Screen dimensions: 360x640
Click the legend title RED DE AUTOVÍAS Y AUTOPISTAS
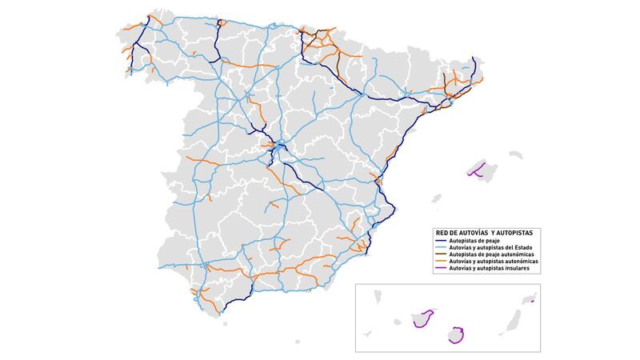479,232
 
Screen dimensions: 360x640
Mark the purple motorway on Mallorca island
475,171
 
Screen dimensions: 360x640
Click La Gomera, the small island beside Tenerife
398,322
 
